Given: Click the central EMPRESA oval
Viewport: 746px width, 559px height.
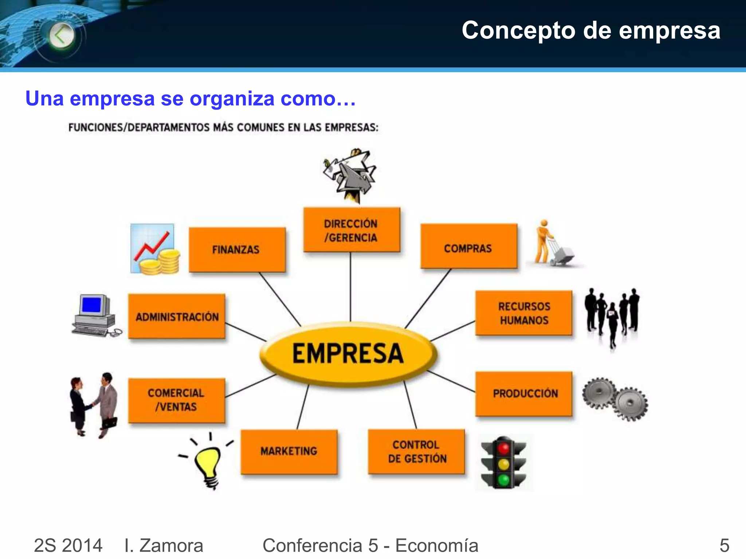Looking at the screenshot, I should pyautogui.click(x=348, y=353).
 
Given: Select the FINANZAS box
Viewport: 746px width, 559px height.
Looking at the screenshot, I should pyautogui.click(x=237, y=250).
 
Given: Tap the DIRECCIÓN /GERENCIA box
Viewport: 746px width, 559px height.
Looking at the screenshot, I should pyautogui.click(x=352, y=230).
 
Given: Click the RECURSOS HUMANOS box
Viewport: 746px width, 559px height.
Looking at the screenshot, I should pyautogui.click(x=524, y=313).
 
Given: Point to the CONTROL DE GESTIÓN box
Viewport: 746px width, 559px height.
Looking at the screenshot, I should pyautogui.click(x=416, y=451).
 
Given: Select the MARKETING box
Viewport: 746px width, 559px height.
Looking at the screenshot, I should pyautogui.click(x=289, y=452).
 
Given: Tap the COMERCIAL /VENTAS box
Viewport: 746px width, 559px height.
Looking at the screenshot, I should pyautogui.click(x=176, y=400).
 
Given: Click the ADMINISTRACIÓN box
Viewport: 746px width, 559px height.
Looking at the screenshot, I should pyautogui.click(x=177, y=317).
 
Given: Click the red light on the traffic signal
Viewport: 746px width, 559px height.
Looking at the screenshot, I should pyautogui.click(x=503, y=448).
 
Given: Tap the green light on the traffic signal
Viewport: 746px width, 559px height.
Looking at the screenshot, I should pyautogui.click(x=503, y=480).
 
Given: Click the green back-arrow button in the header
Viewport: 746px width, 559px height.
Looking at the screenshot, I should pyautogui.click(x=61, y=36).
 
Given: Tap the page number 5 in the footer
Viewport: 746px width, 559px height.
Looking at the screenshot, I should pyautogui.click(x=724, y=546).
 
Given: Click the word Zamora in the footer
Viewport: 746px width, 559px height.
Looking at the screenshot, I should pyautogui.click(x=171, y=546).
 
